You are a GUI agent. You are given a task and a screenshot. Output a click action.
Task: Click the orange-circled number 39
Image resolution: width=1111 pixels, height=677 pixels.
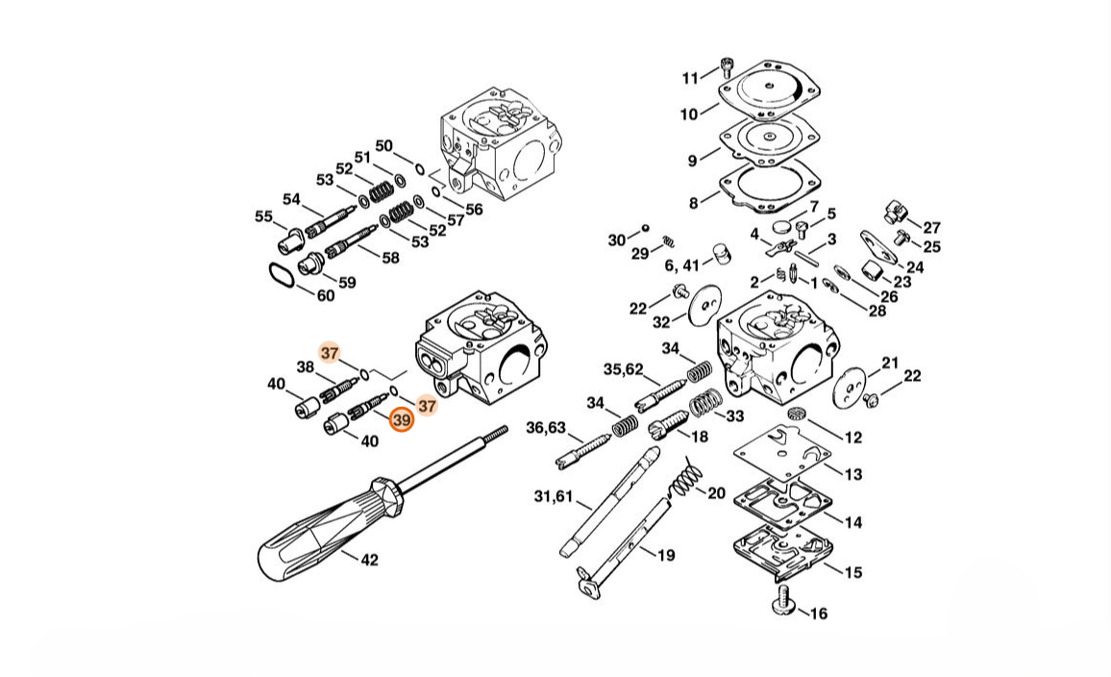coord(402,420)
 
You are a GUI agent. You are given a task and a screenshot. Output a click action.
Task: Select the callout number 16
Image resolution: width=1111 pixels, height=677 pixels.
coord(819,614)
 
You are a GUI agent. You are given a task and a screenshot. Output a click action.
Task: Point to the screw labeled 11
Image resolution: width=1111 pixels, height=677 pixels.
coord(726,69)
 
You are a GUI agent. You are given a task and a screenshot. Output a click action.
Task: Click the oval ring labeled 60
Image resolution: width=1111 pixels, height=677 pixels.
coord(282,275)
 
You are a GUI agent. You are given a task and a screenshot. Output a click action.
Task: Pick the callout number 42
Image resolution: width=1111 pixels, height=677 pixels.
coord(369,560)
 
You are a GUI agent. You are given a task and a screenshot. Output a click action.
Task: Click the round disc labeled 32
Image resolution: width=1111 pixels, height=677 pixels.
coord(704,306)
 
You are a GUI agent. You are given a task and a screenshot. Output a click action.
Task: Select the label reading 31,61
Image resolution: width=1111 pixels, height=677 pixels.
coord(553,496)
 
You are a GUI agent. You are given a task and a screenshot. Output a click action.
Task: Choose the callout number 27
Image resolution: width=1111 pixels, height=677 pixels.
coord(931,228)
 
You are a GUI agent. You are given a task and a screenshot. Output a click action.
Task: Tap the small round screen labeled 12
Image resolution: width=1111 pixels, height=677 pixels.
coord(798,414)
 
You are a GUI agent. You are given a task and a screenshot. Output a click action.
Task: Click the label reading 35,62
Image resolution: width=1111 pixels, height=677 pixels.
coord(624,368)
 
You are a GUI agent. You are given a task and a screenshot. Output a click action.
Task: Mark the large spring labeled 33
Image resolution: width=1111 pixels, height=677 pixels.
coord(705,405)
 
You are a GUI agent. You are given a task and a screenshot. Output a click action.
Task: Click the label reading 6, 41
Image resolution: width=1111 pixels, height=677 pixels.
coord(681,265)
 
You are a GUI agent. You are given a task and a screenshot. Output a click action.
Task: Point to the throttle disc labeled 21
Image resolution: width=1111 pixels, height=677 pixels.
coord(851,388)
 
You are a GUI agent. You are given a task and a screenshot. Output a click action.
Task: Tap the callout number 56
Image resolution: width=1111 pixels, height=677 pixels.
coord(474,209)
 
